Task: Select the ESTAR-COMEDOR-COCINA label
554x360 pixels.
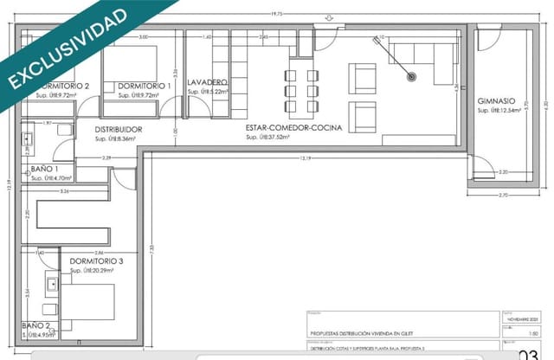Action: [293, 128]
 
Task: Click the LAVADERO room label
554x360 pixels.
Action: [208, 82]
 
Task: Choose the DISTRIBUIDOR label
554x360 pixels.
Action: [119, 130]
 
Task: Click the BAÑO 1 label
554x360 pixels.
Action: [45, 169]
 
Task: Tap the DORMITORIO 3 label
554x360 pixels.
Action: [103, 261]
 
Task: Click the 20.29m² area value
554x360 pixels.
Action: [102, 271]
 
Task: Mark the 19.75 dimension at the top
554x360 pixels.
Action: [277, 14]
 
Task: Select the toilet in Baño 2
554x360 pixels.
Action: [48, 310]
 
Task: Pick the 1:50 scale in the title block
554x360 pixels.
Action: [512, 331]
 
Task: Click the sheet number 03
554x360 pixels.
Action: [527, 354]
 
